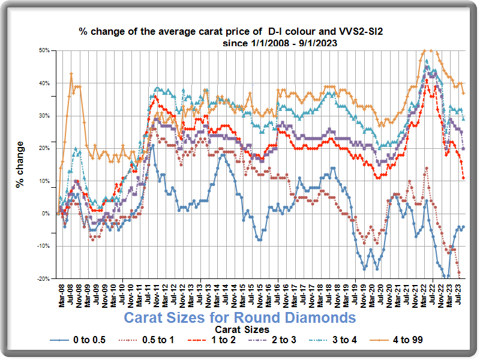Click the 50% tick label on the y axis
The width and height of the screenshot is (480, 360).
44,50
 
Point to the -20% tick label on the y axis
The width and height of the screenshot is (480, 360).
43,279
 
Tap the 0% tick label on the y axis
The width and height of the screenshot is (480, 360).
46,214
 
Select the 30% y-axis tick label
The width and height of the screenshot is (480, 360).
44,116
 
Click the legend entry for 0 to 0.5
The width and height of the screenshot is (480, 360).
86,340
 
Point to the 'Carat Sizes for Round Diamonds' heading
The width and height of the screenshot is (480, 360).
240,317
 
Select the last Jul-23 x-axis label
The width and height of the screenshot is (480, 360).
459,295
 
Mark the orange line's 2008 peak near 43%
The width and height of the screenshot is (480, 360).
71,74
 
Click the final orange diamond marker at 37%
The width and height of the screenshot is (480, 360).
463,93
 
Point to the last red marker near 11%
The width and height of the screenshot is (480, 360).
463,178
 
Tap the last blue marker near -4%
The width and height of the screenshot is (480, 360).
463,227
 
